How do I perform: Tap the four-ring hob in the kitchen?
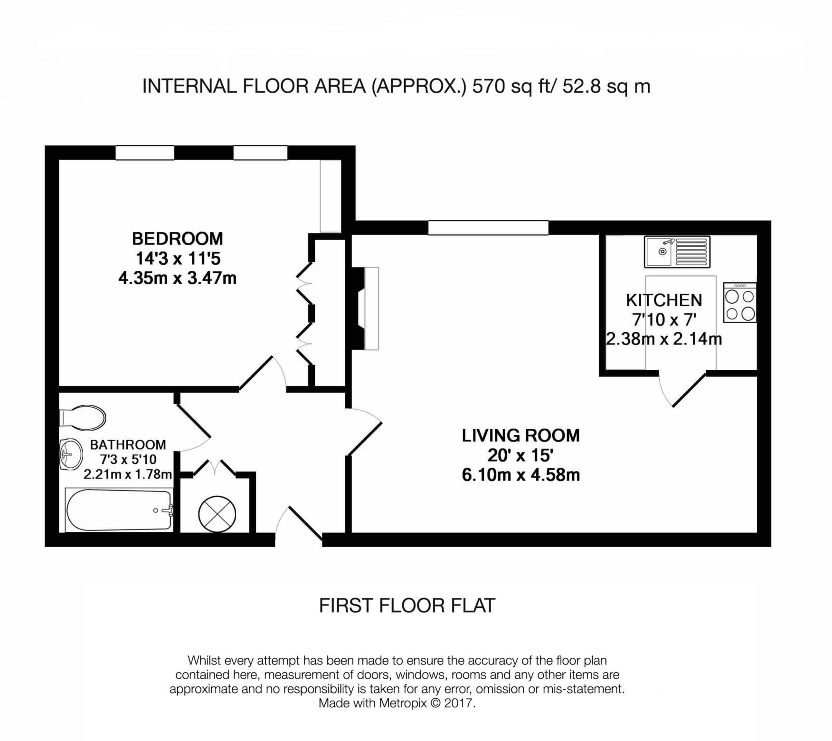click(740, 303)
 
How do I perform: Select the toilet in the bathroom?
click(83, 417)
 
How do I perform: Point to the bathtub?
click(119, 510)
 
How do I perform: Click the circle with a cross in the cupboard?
click(217, 513)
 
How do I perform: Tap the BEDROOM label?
click(177, 238)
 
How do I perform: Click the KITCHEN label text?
click(664, 300)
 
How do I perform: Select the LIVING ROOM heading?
click(520, 435)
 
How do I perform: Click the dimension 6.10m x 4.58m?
click(520, 475)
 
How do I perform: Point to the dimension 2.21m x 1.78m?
click(127, 474)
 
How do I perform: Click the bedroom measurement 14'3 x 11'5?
click(178, 259)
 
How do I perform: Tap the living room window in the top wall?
click(488, 228)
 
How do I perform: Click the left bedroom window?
click(145, 153)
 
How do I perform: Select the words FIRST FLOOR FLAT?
click(407, 606)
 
